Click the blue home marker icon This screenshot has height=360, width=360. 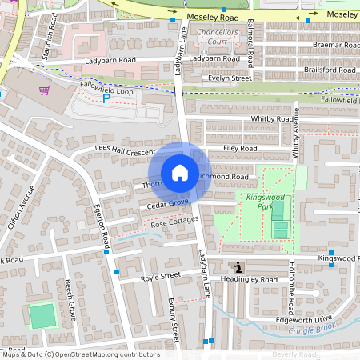(x=180, y=172)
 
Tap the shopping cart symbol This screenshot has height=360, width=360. (x=44, y=90)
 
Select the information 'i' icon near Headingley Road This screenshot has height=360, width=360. (x=236, y=267)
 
